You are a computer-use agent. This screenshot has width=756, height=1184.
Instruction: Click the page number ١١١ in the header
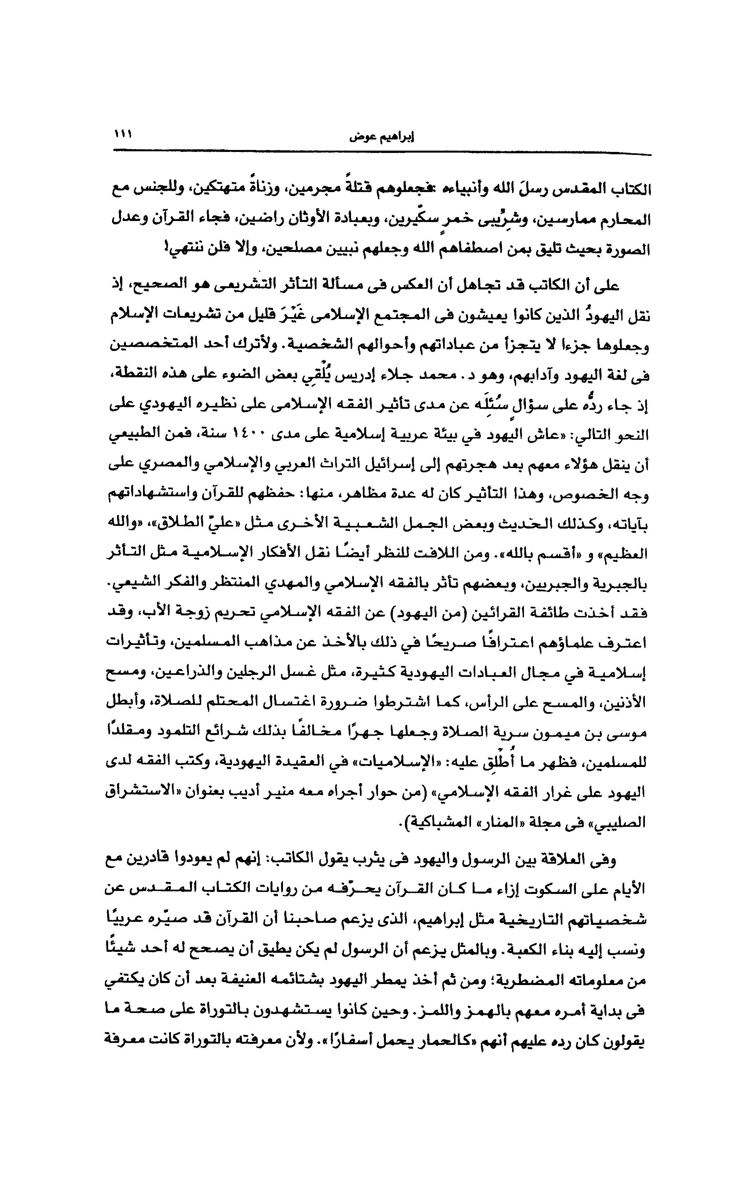123,134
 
